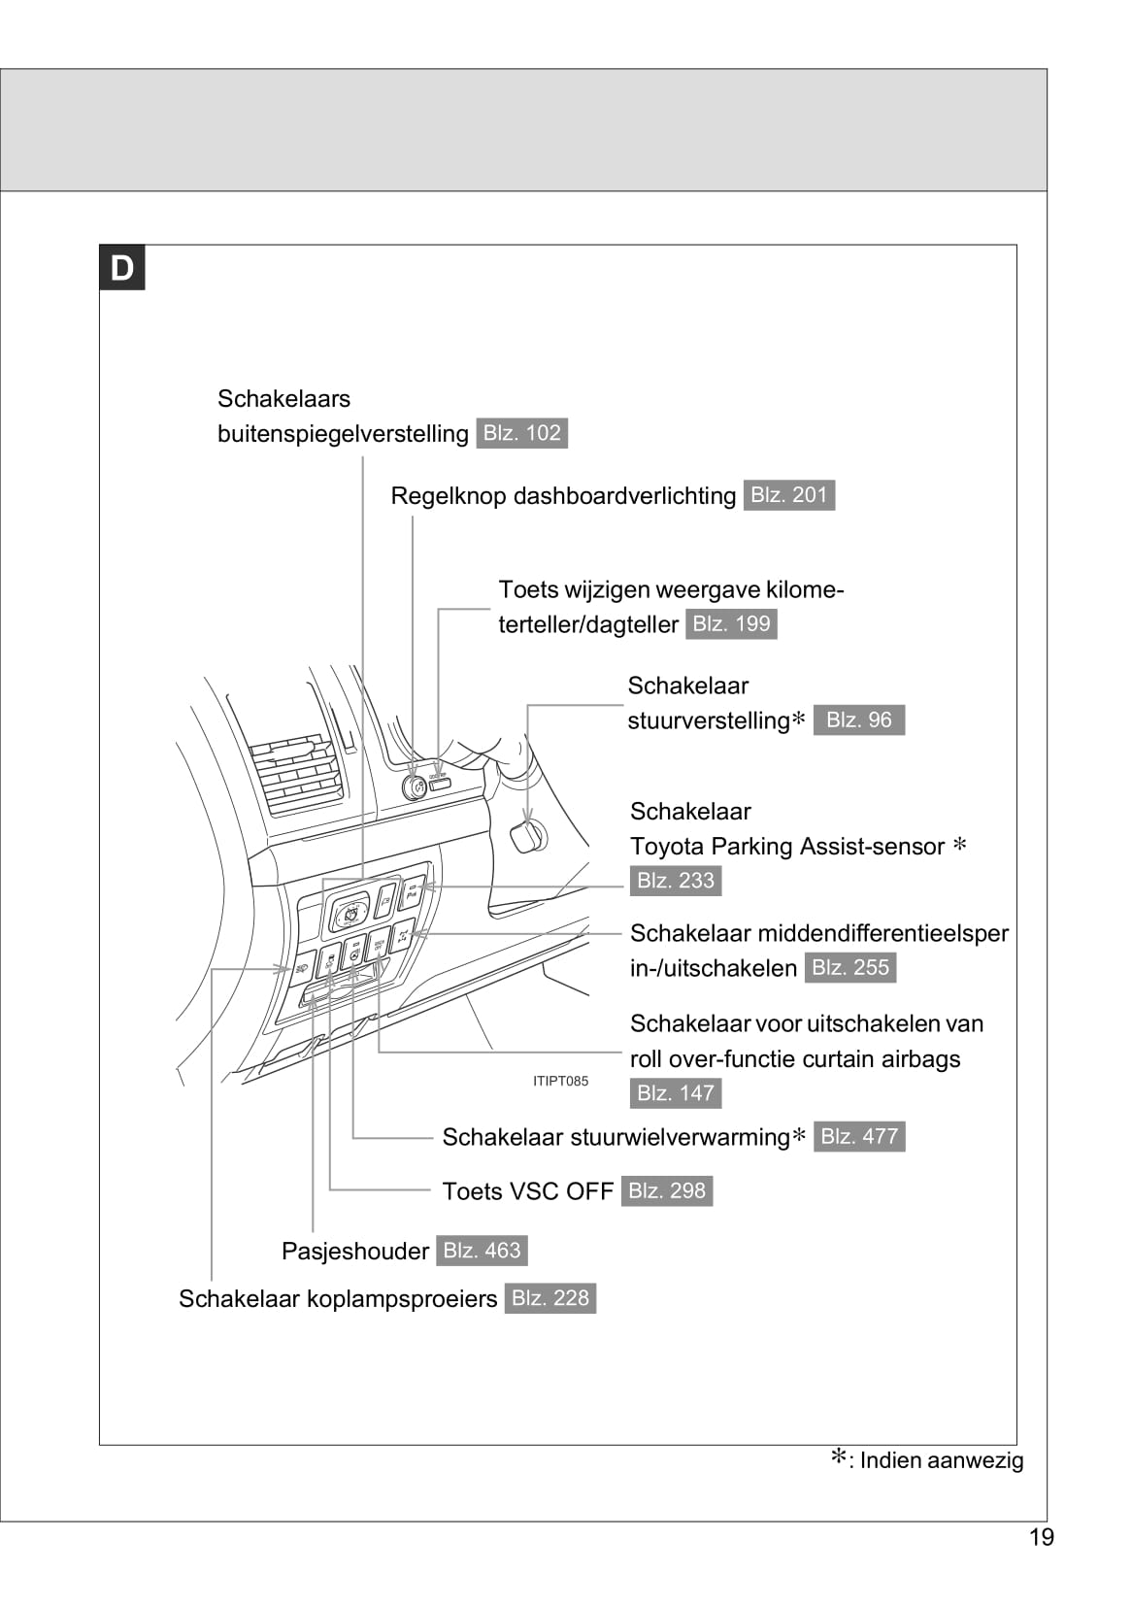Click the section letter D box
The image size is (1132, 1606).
(122, 268)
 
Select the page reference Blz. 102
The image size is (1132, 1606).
(521, 433)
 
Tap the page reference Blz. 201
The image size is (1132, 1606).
(788, 495)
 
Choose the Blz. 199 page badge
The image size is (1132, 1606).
(731, 623)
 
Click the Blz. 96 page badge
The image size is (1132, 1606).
(858, 719)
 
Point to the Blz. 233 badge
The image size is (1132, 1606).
(675, 881)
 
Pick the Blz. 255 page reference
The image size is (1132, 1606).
(849, 967)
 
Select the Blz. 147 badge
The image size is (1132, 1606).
(675, 1093)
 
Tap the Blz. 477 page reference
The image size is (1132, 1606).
(859, 1136)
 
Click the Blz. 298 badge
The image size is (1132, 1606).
(666, 1190)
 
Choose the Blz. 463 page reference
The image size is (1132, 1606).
(482, 1251)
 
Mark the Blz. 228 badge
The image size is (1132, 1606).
(549, 1298)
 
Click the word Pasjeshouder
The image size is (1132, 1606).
(354, 1251)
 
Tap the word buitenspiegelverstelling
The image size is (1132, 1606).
(343, 434)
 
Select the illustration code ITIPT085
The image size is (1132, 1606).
(560, 1081)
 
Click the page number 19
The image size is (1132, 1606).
(1041, 1537)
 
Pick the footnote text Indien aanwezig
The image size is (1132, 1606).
(941, 1460)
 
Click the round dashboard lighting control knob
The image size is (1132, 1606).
(415, 786)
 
